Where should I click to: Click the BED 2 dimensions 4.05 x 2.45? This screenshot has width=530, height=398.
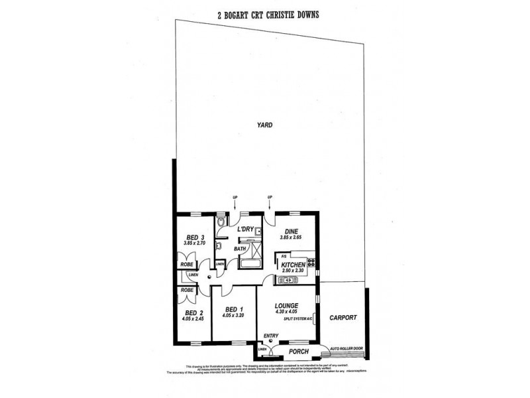pos(194,318)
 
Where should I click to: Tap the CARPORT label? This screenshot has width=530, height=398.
pos(343,318)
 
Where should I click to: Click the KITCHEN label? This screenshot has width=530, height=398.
pos(292,265)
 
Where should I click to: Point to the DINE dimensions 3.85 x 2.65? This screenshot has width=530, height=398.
pos(291,237)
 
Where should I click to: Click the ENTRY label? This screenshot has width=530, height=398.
pos(271,336)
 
